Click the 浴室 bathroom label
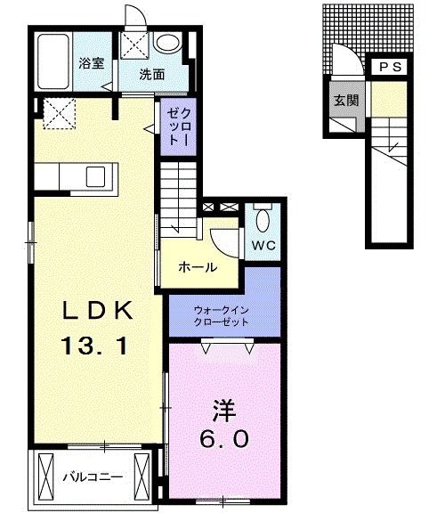pyautogui.click(x=91, y=63)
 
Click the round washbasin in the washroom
pyautogui.click(x=166, y=42)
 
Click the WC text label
pyautogui.click(x=264, y=243)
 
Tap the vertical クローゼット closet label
pyautogui.click(x=174, y=126)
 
